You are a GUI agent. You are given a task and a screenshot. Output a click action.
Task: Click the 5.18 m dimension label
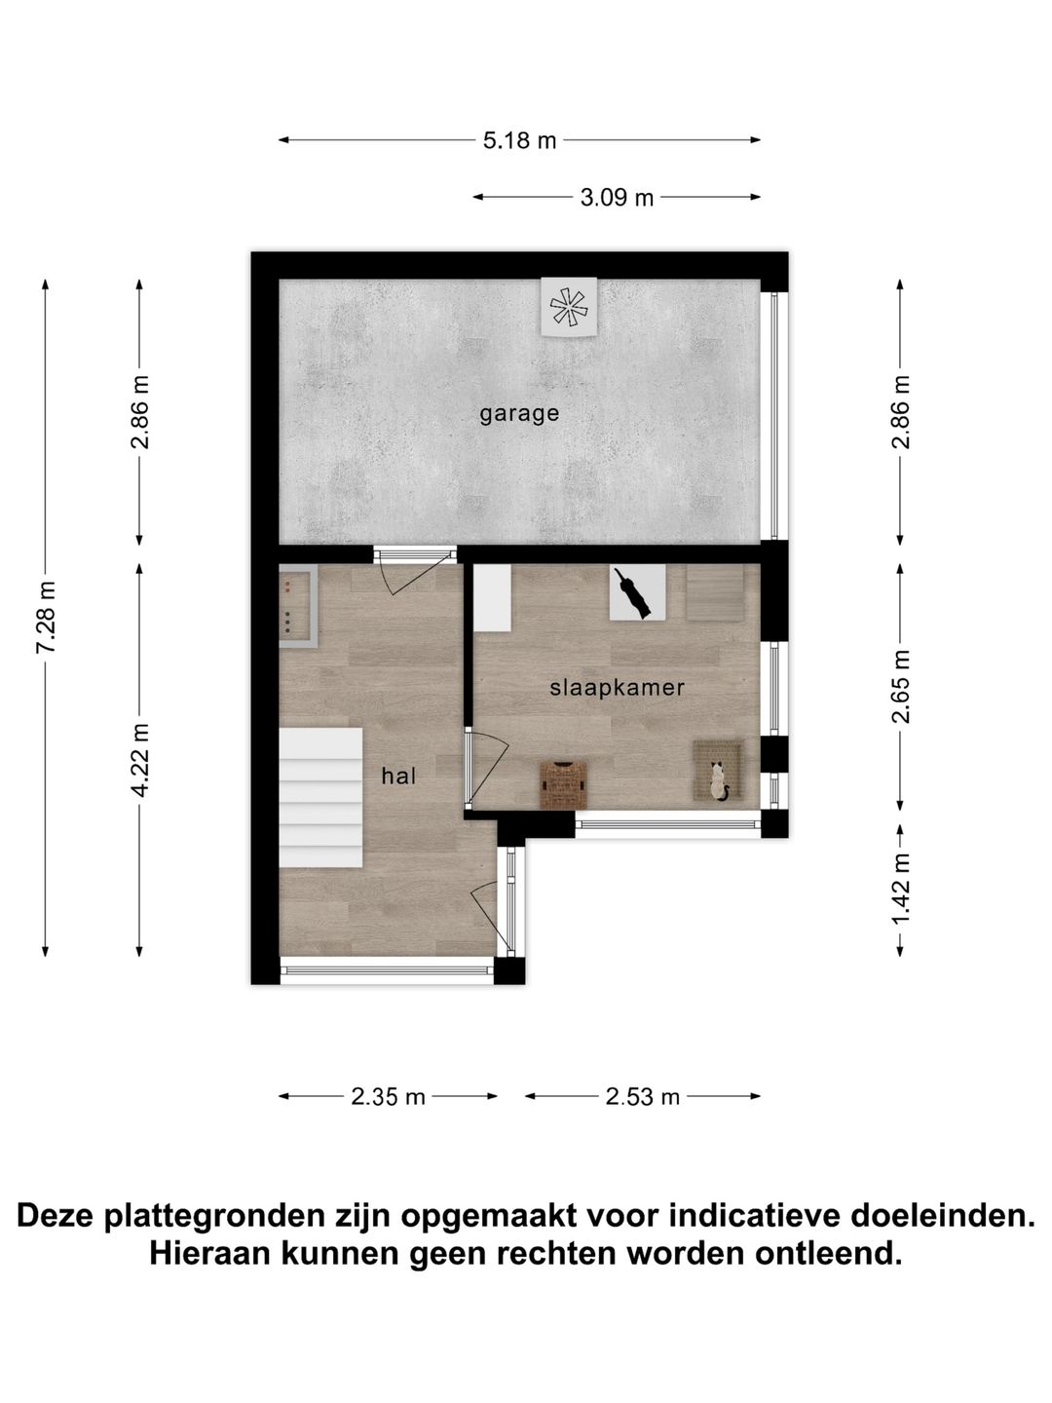tap(519, 140)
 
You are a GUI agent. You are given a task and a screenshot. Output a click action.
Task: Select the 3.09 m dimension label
tap(617, 198)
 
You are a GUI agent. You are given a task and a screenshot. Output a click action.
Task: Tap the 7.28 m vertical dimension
tap(46, 618)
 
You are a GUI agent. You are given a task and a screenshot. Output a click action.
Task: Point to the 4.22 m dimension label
tap(140, 760)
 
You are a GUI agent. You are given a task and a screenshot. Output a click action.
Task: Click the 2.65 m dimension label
tap(901, 687)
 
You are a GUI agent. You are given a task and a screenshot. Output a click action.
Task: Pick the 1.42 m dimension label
tap(901, 890)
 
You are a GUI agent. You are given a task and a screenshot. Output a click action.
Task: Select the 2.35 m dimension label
tap(388, 1097)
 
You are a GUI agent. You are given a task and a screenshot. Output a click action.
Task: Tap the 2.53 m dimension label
tap(642, 1097)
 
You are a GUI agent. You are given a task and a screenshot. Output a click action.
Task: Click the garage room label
tap(519, 413)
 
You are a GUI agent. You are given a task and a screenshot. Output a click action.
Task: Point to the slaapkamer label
tap(617, 688)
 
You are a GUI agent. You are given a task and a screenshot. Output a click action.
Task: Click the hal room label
tap(398, 777)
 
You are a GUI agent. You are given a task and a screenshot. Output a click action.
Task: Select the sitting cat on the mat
tap(719, 780)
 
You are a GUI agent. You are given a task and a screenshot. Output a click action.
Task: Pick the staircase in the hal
tap(321, 798)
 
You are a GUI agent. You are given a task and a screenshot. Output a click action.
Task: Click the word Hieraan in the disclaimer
tap(211, 1253)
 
